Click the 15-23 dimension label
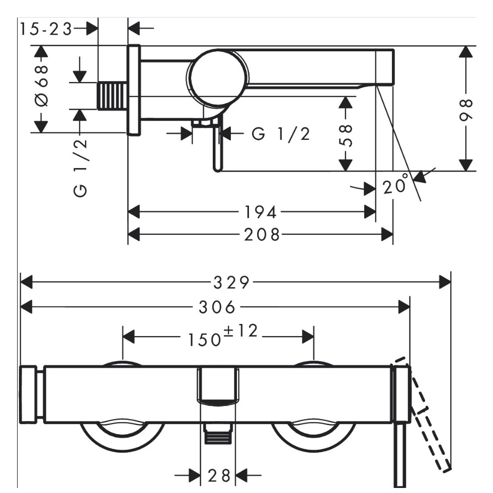[x=46, y=29]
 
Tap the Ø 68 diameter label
[x=41, y=86]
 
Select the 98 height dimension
[x=466, y=110]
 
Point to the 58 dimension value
[x=346, y=135]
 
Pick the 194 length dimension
[x=261, y=212]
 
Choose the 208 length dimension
[x=262, y=234]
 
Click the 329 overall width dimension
[x=231, y=282]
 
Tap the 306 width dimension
[x=217, y=307]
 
